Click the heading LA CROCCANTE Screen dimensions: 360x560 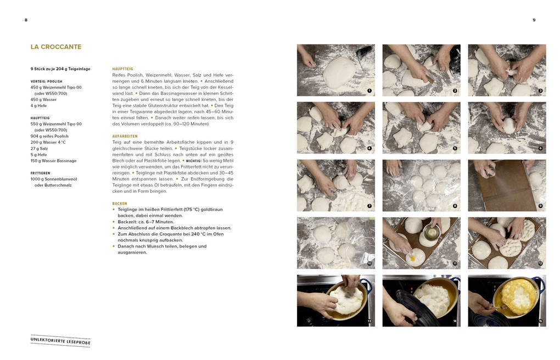56,47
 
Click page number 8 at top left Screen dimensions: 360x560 26,20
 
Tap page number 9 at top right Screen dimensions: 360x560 534,20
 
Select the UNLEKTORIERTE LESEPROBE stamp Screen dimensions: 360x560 60,341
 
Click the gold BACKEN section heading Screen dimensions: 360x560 120,204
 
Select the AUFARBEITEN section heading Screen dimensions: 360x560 125,136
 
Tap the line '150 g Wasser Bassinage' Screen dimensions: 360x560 53,161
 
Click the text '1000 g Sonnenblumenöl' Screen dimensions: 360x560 54,179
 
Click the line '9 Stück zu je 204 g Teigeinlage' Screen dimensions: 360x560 60,69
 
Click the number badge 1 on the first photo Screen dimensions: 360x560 369,91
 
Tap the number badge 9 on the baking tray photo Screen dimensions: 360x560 540,206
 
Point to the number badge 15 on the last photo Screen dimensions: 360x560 540,322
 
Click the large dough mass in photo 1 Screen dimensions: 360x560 339,72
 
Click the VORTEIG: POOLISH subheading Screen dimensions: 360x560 47,81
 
